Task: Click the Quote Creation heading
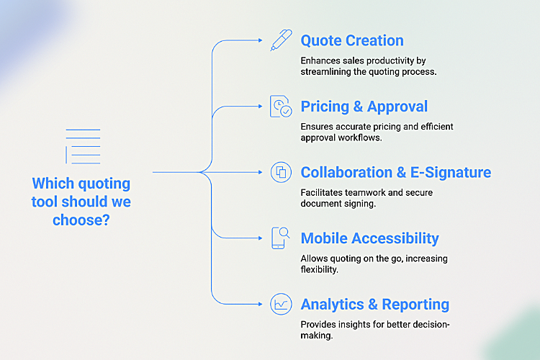click(352, 41)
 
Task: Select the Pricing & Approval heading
click(364, 107)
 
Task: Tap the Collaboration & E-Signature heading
click(396, 173)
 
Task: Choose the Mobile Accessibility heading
click(369, 238)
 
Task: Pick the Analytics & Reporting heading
click(375, 305)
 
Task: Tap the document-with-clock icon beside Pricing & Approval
click(280, 107)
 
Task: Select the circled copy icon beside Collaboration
click(280, 173)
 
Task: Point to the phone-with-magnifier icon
click(280, 238)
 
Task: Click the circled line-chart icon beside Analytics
click(280, 305)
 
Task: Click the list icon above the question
click(83, 146)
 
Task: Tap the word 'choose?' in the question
click(81, 220)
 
